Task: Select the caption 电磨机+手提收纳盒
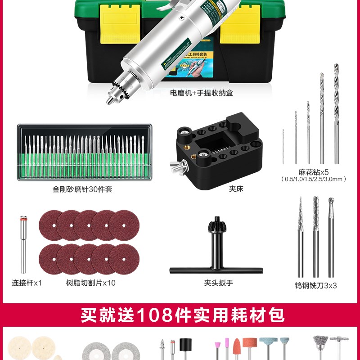pyautogui.click(x=201, y=94)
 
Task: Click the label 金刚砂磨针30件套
pyautogui.click(x=82, y=189)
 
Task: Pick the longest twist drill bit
pyautogui.click(x=336, y=112)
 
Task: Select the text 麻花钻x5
pyautogui.click(x=314, y=172)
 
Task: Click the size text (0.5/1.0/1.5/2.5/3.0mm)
pyautogui.click(x=314, y=179)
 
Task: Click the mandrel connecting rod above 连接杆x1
pyautogui.click(x=23, y=245)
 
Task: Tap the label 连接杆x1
pyautogui.click(x=27, y=283)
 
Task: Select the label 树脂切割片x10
pyautogui.click(x=90, y=283)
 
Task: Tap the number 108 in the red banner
pyautogui.click(x=153, y=315)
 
